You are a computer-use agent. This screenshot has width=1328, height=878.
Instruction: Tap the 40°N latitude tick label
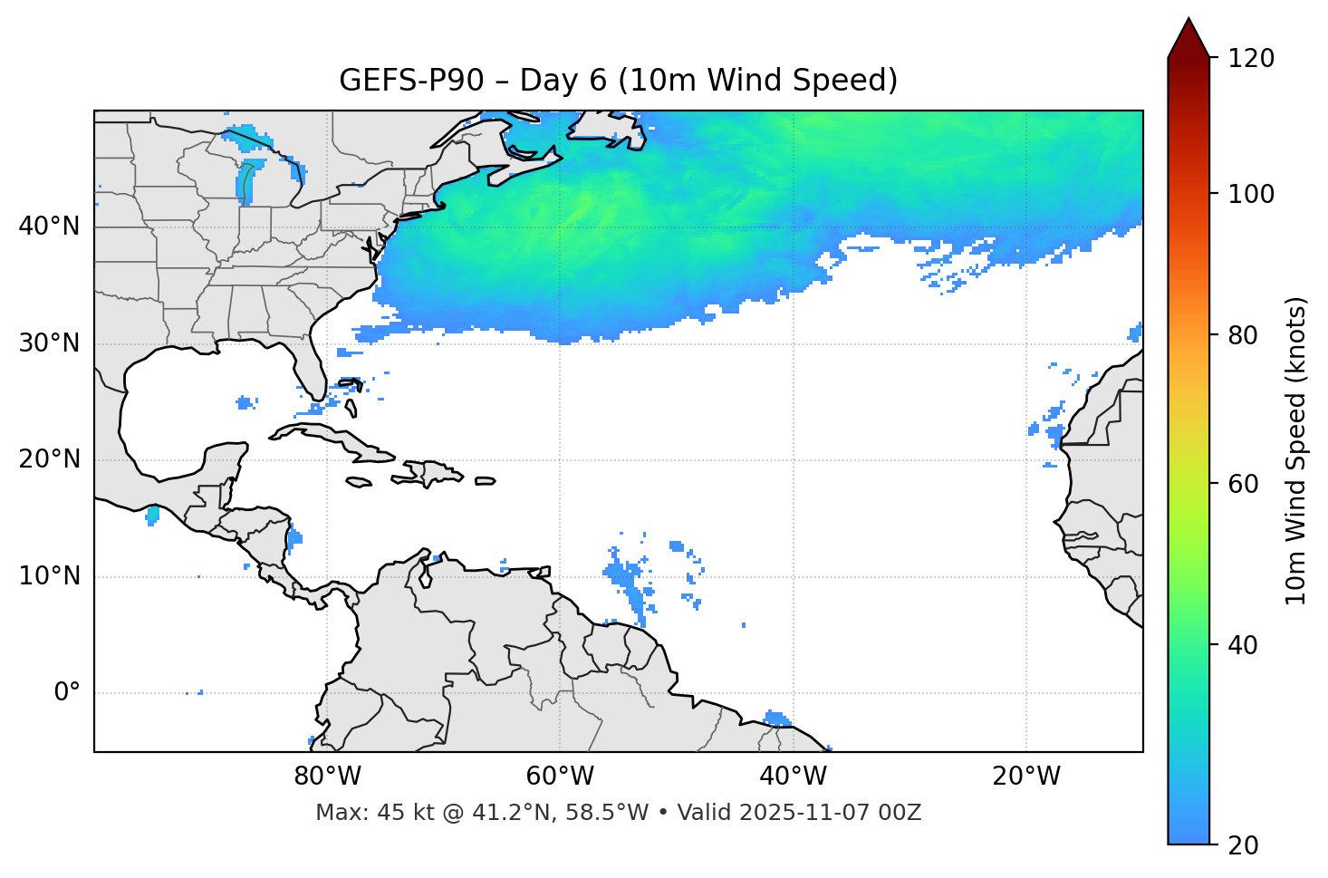(49, 227)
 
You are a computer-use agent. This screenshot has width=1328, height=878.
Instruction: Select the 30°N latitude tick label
(49, 343)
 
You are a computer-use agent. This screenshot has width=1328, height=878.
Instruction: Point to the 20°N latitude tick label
(49, 459)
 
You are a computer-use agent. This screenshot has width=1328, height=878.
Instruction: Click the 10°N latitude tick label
(49, 576)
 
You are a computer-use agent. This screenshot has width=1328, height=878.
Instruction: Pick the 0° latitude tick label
(67, 693)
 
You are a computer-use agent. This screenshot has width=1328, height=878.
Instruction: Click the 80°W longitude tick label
(327, 777)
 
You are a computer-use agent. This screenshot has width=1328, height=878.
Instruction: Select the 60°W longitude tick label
(560, 777)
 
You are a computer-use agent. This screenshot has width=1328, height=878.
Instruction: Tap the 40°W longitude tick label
(793, 777)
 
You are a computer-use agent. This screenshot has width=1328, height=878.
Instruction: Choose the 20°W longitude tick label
(1025, 777)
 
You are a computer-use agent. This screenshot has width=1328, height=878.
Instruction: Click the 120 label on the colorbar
(1251, 59)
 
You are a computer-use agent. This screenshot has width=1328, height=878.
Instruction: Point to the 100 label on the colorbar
(1251, 194)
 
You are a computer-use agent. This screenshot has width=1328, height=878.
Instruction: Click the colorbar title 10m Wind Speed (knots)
(1296, 450)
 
